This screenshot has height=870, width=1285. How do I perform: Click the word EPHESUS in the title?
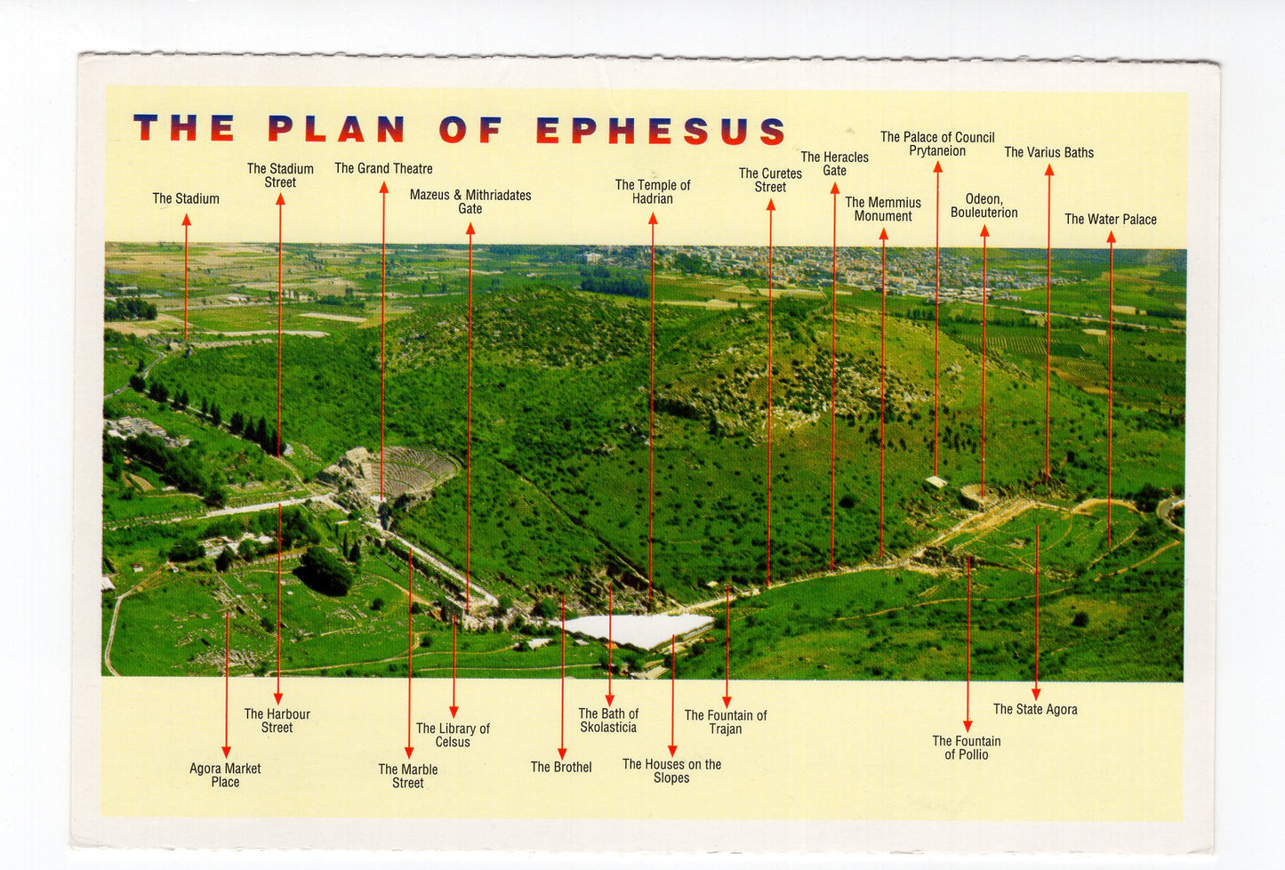click(661, 130)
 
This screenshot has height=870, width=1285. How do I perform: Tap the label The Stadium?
click(186, 198)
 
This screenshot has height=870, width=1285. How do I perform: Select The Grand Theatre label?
click(383, 168)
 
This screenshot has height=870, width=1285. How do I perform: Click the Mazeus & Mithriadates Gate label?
click(470, 201)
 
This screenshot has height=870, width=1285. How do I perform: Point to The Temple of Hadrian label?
click(653, 191)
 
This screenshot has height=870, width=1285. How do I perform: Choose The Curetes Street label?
click(770, 180)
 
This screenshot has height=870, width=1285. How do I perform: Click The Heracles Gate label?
click(834, 164)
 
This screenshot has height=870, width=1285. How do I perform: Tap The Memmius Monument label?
click(883, 209)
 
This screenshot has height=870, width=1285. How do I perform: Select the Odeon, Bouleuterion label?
click(984, 205)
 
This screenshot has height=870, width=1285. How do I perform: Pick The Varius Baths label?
click(1048, 152)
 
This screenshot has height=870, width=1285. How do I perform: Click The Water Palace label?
click(1111, 219)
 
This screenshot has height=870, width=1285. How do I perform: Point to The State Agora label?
click(1035, 709)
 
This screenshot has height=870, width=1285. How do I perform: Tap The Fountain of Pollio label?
click(967, 747)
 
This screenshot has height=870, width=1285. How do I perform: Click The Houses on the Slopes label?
click(671, 770)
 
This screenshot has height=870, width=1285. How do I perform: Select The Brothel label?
click(561, 767)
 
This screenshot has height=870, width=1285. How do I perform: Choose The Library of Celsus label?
click(453, 735)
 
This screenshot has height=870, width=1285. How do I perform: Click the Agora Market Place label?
click(225, 775)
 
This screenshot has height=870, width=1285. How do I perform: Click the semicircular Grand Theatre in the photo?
click(405, 471)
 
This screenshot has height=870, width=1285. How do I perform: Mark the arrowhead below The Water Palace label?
click(1111, 238)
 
